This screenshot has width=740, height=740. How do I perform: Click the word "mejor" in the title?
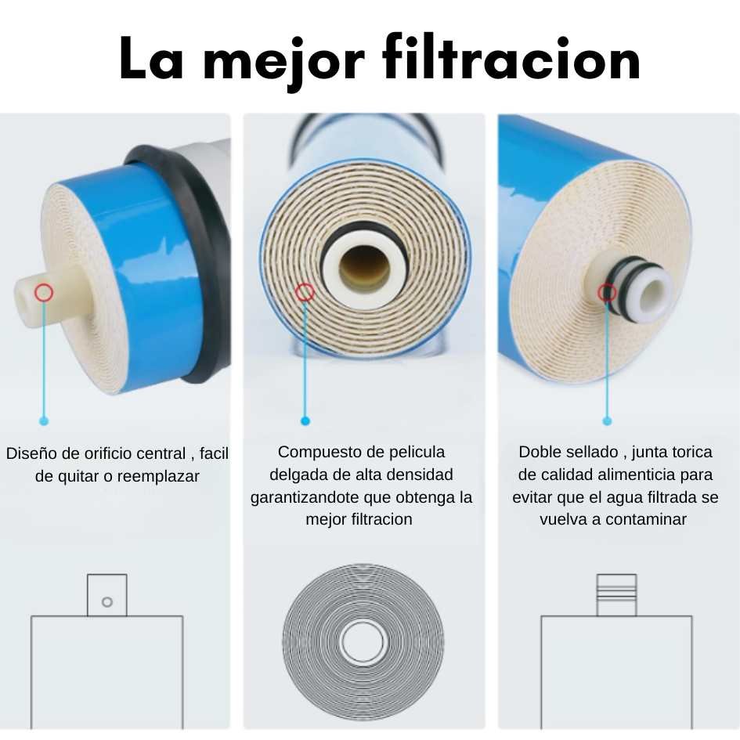[x=283, y=62]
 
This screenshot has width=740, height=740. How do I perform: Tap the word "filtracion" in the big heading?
[x=511, y=58]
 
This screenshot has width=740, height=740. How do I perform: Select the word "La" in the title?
[x=151, y=59]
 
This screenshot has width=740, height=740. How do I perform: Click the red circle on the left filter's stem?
[x=44, y=293]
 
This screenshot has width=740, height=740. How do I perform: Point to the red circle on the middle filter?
[x=305, y=293]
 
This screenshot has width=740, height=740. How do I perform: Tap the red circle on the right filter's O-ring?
[x=607, y=293]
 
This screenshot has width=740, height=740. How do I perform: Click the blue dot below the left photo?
[x=44, y=421]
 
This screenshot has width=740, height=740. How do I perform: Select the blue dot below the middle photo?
[x=305, y=421]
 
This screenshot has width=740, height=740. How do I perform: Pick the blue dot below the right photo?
[x=608, y=421]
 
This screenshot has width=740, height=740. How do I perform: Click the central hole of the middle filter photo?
[x=364, y=269]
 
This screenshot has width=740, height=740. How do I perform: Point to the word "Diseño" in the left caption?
[x=31, y=453]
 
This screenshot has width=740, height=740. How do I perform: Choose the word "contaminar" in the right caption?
[x=646, y=520]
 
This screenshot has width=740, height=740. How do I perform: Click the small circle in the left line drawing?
[x=107, y=601]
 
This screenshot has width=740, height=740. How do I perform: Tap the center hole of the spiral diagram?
[x=363, y=642]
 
